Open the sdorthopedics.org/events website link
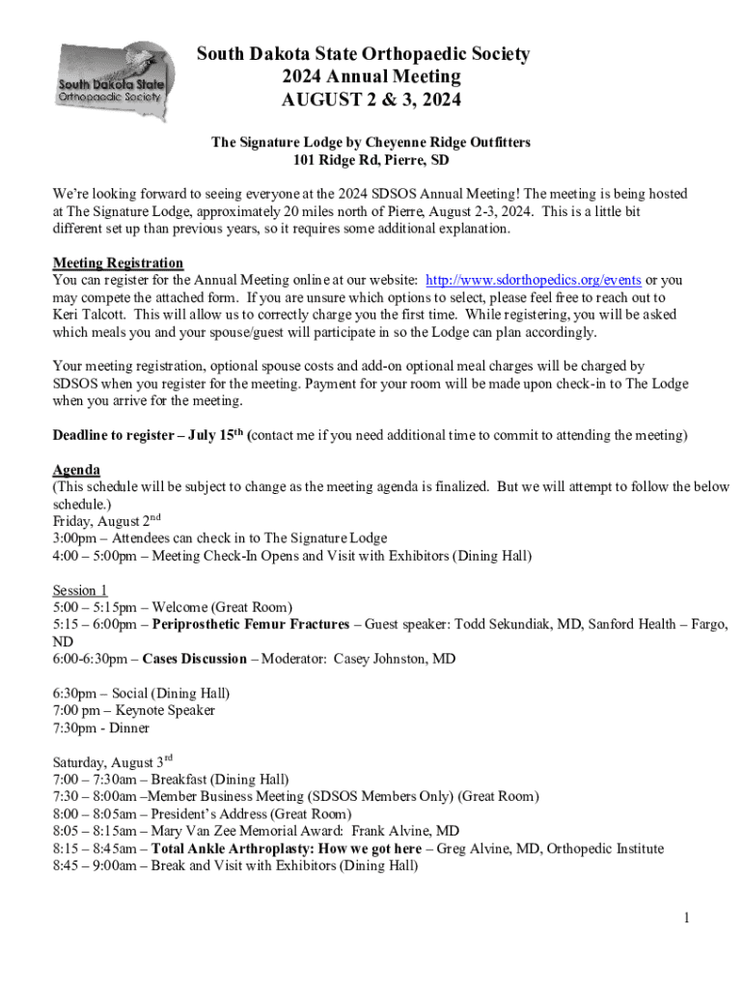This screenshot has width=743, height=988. (533, 280)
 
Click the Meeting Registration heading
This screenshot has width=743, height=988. (118, 262)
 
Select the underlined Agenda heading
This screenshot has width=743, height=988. (76, 470)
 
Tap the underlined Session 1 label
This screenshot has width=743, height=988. (80, 590)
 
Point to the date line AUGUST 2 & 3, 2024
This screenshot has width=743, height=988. (371, 99)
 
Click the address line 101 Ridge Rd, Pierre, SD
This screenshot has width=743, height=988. (371, 160)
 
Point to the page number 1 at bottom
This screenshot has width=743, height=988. (686, 918)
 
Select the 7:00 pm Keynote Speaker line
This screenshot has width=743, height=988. (133, 710)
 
